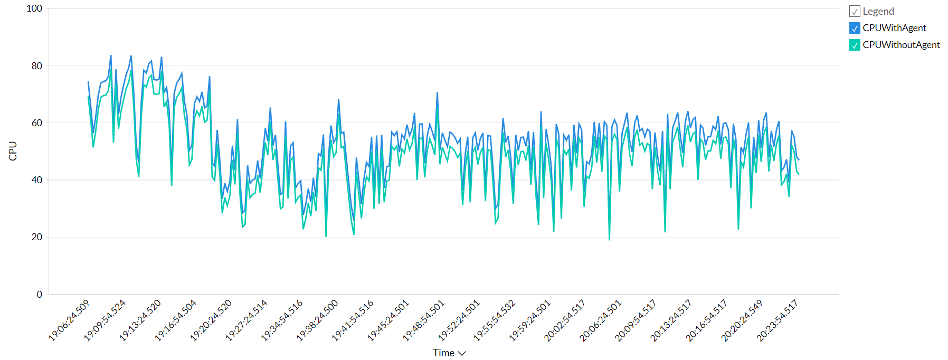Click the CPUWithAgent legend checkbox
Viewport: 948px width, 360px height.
tap(855, 28)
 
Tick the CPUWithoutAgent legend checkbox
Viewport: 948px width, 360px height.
tap(855, 45)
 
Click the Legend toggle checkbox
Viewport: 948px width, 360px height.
tap(855, 11)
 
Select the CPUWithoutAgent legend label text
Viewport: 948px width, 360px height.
tap(901, 45)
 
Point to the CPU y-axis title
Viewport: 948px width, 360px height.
tap(13, 151)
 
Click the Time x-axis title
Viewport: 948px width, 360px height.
tap(443, 353)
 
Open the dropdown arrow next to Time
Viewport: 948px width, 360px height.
tap(462, 353)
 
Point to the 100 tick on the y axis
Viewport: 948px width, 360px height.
tap(34, 8)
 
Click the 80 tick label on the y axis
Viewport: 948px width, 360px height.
tap(36, 66)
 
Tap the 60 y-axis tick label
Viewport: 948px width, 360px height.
tap(36, 123)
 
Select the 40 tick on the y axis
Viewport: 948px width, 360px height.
tap(36, 180)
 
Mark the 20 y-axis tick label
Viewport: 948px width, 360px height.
tap(36, 237)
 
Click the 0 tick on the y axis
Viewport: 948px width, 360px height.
tap(39, 294)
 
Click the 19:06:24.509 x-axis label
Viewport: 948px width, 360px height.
tap(69, 320)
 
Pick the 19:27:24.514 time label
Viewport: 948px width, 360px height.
tap(247, 320)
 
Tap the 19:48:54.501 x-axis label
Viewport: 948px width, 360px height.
tap(424, 320)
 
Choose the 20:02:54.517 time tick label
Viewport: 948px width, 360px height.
tap(565, 320)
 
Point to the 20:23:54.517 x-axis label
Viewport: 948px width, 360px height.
tap(777, 320)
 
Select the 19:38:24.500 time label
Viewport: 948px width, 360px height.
tap(317, 320)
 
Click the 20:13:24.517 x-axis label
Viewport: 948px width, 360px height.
tap(671, 320)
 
